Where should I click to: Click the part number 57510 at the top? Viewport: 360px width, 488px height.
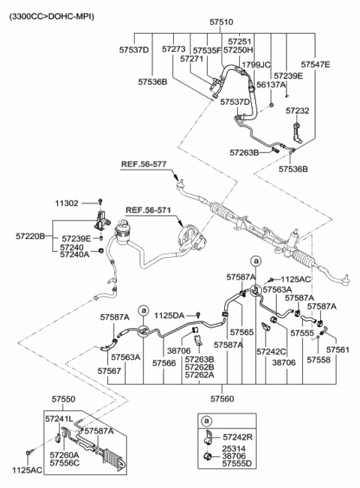pyautogui.click(x=221, y=22)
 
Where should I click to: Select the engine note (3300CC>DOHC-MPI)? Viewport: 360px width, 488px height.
pyautogui.click(x=52, y=16)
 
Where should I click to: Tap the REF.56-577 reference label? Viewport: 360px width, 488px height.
pyautogui.click(x=144, y=164)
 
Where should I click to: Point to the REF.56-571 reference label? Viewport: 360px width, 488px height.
pyautogui.click(x=148, y=211)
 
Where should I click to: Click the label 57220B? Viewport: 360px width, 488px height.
pyautogui.click(x=30, y=237)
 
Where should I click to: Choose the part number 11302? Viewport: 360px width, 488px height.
pyautogui.click(x=67, y=204)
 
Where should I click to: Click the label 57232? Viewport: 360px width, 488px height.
pyautogui.click(x=298, y=111)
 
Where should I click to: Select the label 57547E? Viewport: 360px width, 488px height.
pyautogui.click(x=316, y=64)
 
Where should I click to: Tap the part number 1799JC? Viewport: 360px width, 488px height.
pyautogui.click(x=256, y=65)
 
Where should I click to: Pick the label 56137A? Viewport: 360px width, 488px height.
pyautogui.click(x=271, y=85)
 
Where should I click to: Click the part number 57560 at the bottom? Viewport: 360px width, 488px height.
pyautogui.click(x=222, y=399)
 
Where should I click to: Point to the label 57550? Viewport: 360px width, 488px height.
pyautogui.click(x=64, y=399)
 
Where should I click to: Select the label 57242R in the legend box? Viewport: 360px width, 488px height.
pyautogui.click(x=238, y=437)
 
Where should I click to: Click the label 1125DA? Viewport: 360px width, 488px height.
pyautogui.click(x=169, y=316)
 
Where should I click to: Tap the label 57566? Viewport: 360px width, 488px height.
pyautogui.click(x=163, y=364)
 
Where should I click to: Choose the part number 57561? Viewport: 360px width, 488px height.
pyautogui.click(x=338, y=350)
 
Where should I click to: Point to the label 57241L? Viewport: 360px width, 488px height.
pyautogui.click(x=58, y=419)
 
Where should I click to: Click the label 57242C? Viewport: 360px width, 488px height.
pyautogui.click(x=271, y=352)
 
